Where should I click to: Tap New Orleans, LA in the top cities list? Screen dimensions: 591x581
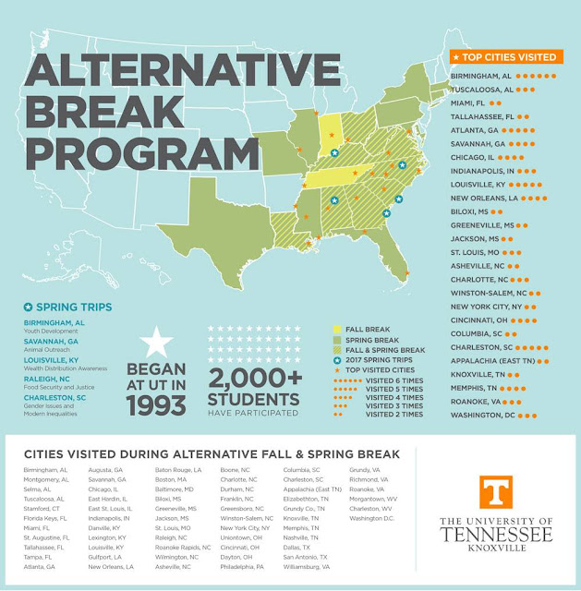pyautogui.click(x=484, y=199)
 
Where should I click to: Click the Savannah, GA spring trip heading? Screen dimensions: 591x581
pyautogui.click(x=52, y=343)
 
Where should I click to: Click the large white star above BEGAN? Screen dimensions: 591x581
pyautogui.click(x=159, y=340)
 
